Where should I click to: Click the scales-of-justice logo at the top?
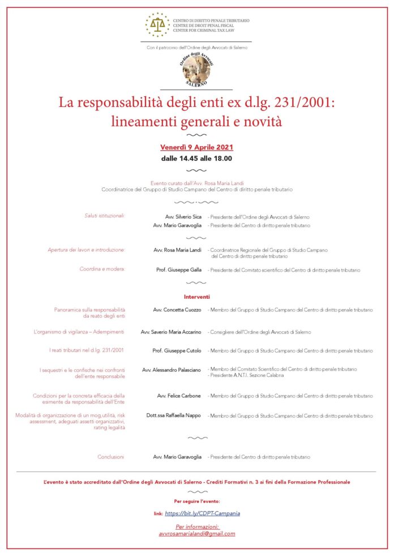pos(157,24)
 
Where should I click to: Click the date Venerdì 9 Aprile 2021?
pos(196,147)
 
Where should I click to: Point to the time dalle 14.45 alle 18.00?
pos(196,158)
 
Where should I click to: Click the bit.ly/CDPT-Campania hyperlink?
pos(202,513)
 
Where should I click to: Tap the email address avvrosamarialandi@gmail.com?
pos(196,534)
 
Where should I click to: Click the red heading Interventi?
pos(196,297)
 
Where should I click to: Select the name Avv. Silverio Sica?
pos(183,217)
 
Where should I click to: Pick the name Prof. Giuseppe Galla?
pos(178,270)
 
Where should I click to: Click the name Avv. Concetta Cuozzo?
pos(177,310)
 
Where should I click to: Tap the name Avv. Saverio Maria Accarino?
pos(171,332)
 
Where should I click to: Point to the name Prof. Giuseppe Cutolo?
pos(177,351)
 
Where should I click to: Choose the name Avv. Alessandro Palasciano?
pos(172,369)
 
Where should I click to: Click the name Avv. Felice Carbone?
pos(179,396)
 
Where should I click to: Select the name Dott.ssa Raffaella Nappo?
pos(173,415)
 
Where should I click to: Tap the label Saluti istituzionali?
pos(105,216)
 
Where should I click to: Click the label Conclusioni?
pos(111,457)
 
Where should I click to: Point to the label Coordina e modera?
pos(102,269)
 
